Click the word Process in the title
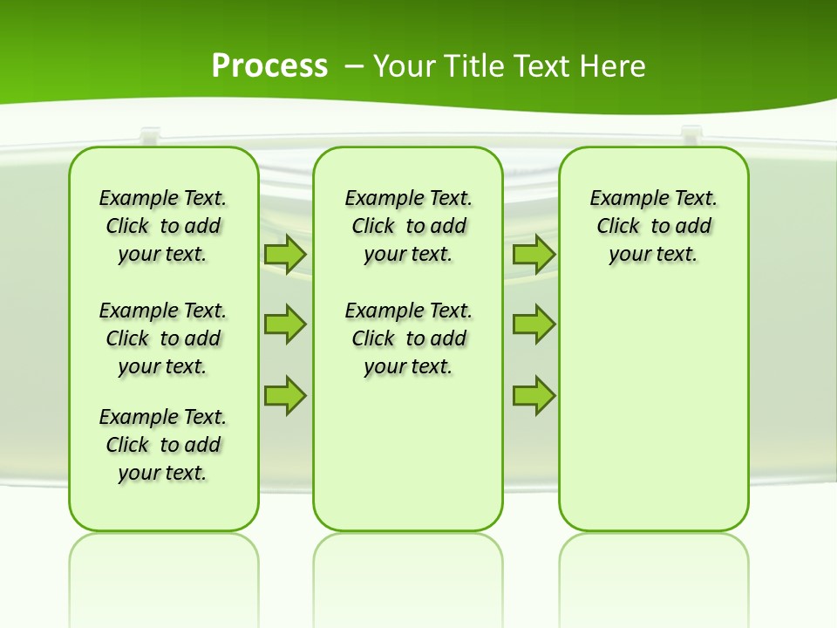(269, 66)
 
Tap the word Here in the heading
(611, 66)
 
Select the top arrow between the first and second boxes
(285, 254)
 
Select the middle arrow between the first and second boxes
(285, 324)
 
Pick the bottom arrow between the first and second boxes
(285, 395)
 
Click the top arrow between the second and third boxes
(534, 254)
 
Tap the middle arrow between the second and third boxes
(534, 324)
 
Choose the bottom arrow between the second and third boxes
(534, 395)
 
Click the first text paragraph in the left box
(163, 226)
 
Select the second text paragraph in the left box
(163, 338)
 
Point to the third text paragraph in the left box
(163, 445)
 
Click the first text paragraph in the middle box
(409, 226)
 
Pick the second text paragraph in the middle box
(409, 338)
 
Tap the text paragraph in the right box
(654, 226)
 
